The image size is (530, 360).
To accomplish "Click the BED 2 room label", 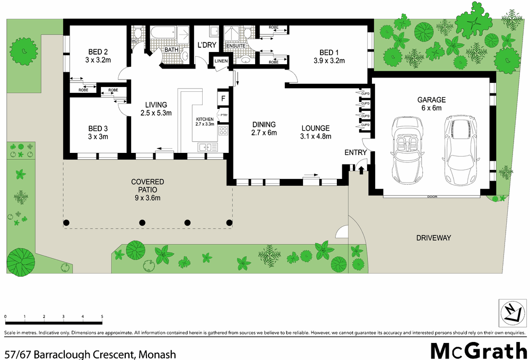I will click(98, 52).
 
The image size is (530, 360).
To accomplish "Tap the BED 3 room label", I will click(98, 128).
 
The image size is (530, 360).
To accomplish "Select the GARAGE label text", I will click(431, 99).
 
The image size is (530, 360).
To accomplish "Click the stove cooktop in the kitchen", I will click(223, 130).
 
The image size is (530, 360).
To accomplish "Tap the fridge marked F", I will click(223, 98).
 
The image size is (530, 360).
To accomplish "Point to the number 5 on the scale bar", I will click(102, 316).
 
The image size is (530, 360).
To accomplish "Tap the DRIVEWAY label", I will click(433, 238).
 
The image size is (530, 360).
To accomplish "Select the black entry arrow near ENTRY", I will click(362, 169).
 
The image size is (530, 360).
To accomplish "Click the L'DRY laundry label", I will click(206, 45).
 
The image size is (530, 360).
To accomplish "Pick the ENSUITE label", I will click(236, 46).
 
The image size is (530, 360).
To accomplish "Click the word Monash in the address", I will click(158, 354).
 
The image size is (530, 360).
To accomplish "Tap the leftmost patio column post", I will click(66, 222).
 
